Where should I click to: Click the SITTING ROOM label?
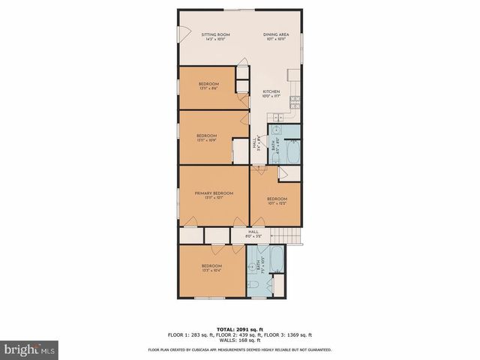coord(214,35)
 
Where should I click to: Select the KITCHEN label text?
coord(271,92)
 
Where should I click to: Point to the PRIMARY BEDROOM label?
coord(214,193)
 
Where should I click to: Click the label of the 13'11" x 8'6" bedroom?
coord(208,85)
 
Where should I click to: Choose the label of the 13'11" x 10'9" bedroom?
coord(208,137)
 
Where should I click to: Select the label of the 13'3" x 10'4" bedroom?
coord(211,268)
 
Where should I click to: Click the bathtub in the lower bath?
coord(277,257)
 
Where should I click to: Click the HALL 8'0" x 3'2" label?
coord(253,233)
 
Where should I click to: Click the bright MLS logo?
coord(28,349)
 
